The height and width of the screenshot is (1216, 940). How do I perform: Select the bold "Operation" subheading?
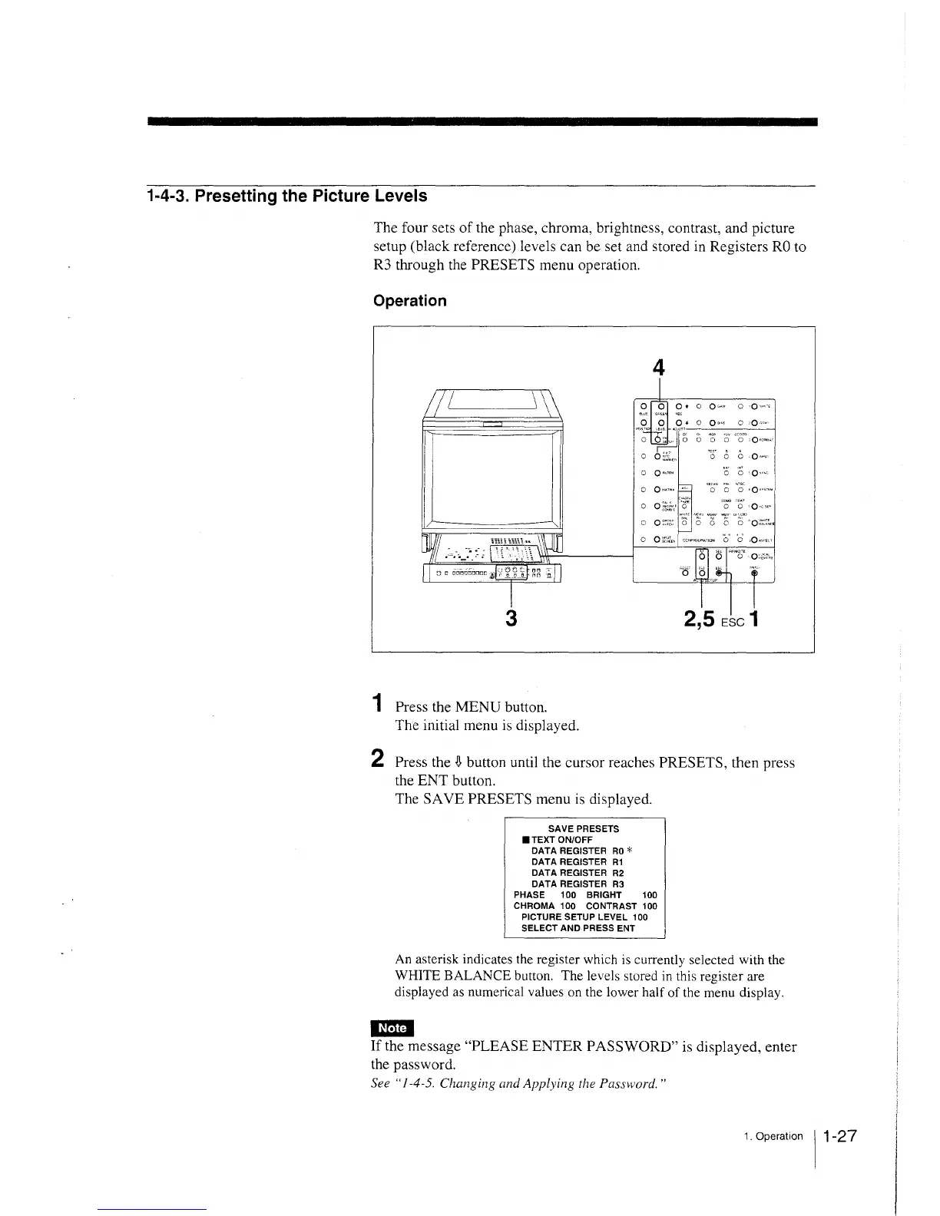click(409, 301)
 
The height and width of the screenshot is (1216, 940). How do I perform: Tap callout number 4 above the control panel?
click(657, 369)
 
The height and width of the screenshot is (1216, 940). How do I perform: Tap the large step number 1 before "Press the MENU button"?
click(376, 703)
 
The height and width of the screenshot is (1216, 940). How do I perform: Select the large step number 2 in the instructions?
click(377, 758)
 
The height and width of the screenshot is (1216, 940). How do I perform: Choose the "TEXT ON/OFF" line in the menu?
click(561, 840)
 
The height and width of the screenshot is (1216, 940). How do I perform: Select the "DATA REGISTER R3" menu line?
click(578, 884)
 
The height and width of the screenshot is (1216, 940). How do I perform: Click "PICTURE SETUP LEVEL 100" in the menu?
click(584, 917)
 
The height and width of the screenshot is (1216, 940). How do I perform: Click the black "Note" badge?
click(392, 1028)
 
